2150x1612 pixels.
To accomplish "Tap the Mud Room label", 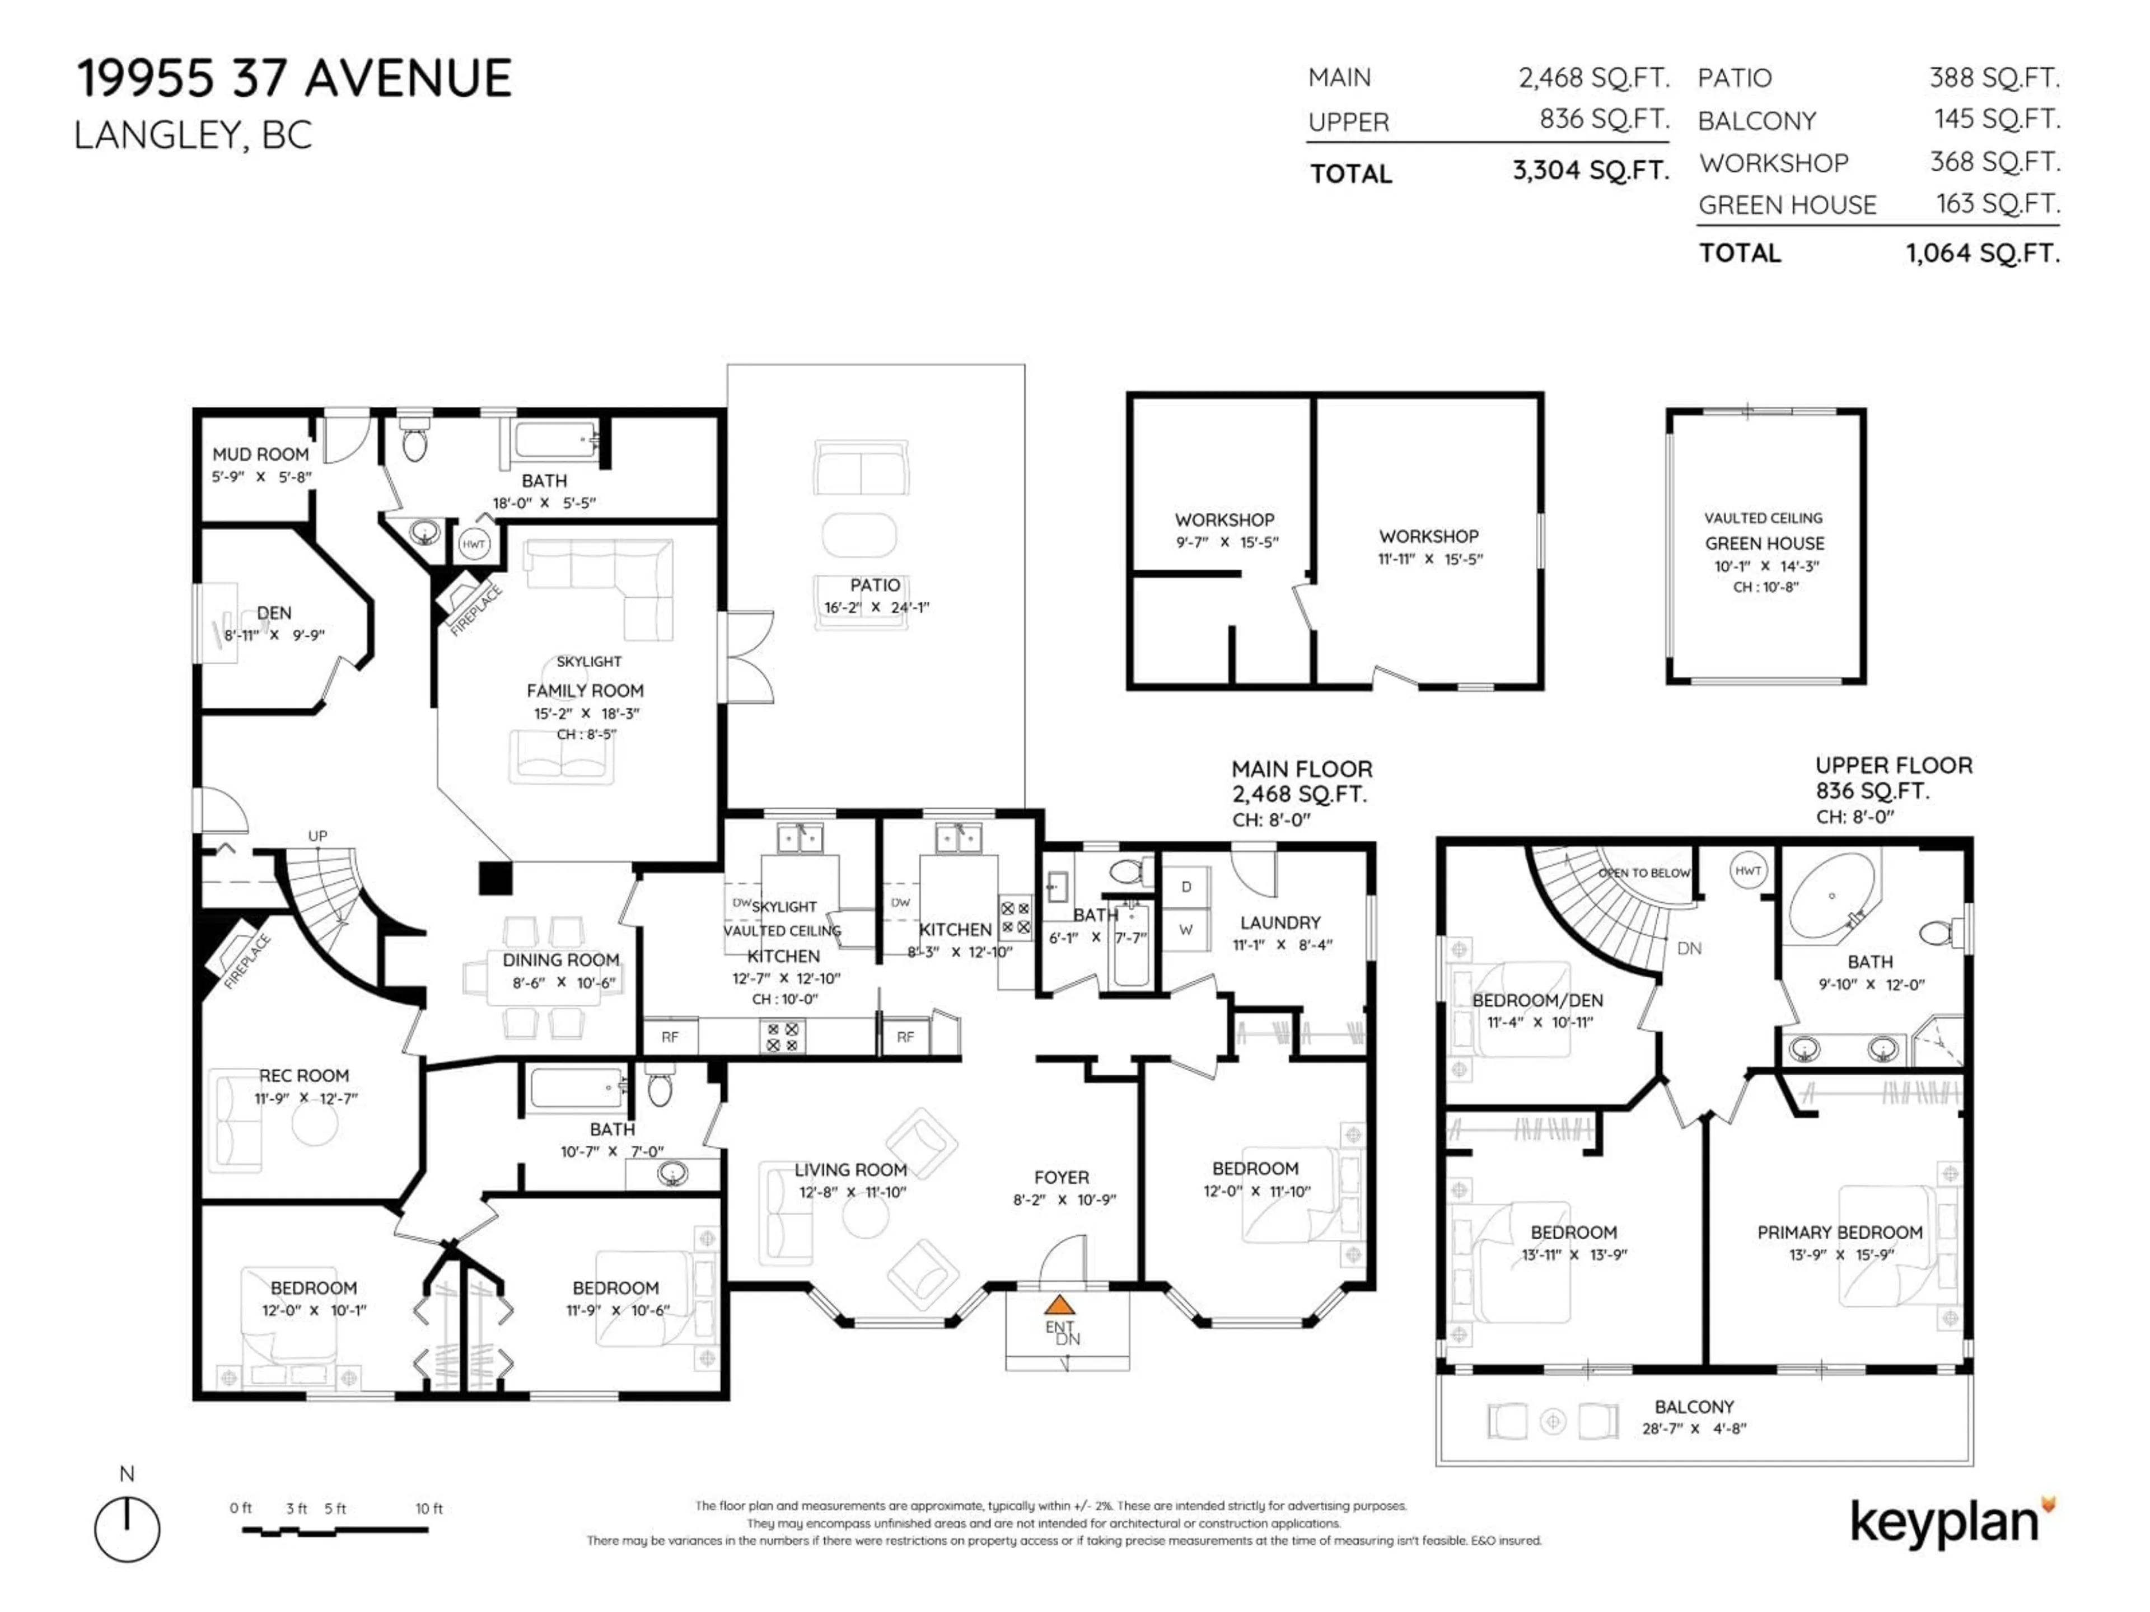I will pos(260,454).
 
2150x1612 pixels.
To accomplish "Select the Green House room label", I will pos(1764,543).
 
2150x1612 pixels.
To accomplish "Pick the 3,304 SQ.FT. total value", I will pos(1590,171).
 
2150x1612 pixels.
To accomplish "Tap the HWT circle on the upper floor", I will pos(1747,870).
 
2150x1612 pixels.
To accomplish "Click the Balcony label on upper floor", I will pos(1694,1406).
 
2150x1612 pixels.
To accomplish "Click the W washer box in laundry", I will pos(1186,930).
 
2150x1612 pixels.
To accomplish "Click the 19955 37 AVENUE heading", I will pos(293,79).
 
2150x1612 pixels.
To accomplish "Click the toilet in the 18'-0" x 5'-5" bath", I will pos(415,443).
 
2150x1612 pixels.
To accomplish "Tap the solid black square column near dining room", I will pos(495,878).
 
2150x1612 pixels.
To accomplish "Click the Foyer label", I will pos(1062,1177).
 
